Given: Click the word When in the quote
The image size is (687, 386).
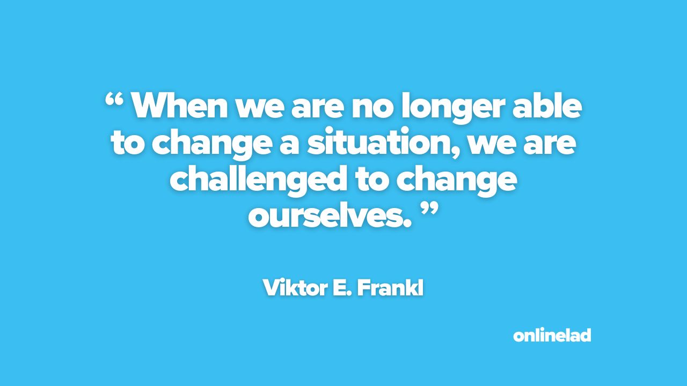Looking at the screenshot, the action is coord(180,105).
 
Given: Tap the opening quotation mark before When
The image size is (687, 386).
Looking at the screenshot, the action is coord(114,100).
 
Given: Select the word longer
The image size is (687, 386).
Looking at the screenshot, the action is coord(454,108).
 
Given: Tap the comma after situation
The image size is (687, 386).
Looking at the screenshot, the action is coord(456,152).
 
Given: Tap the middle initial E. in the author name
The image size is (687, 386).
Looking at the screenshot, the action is coord(342,288).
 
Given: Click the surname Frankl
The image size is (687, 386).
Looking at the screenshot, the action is coord(390,288).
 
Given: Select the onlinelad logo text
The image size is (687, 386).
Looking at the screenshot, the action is coord(552,335).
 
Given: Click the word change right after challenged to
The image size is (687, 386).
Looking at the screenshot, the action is coord(457,180).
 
